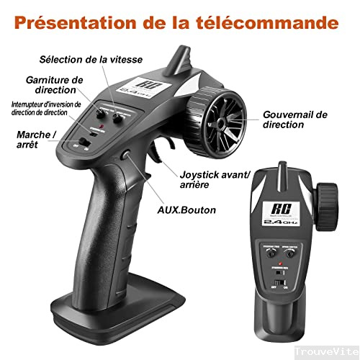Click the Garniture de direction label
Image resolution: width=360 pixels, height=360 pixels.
pos(55,84)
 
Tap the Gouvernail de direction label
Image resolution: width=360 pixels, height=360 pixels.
pos(295,119)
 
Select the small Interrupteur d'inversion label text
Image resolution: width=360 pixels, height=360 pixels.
pos(46,107)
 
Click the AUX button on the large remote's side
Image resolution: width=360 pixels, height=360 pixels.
pos(126,153)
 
